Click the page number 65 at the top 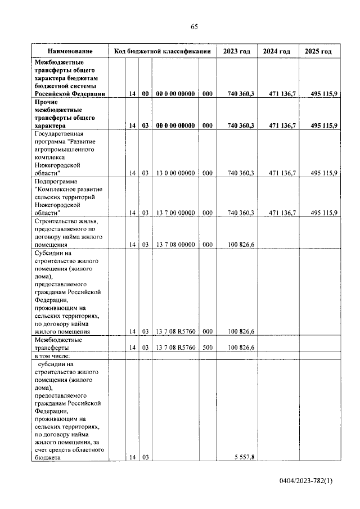(x=194, y=26)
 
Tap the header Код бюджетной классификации (x=162, y=51)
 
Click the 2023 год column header (x=236, y=51)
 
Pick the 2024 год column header (x=277, y=51)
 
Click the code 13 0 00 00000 (x=175, y=173)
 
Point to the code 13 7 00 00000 (x=175, y=213)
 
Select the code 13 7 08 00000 (x=175, y=245)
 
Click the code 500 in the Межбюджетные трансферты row (x=207, y=348)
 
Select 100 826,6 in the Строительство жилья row (x=241, y=245)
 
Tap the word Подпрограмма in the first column (x=57, y=182)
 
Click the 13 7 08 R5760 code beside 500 (x=175, y=348)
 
